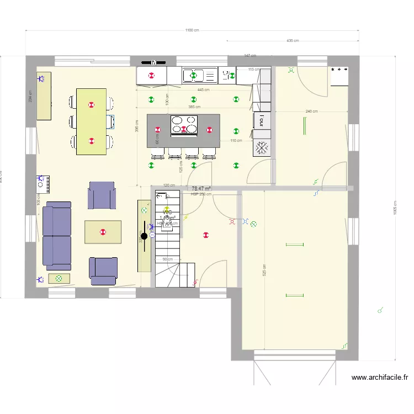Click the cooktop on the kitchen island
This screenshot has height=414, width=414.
(x=184, y=125)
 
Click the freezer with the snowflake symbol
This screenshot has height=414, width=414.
(x=262, y=147)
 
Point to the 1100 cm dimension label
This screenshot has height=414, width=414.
(x=192, y=30)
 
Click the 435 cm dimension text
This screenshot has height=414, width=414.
(x=293, y=40)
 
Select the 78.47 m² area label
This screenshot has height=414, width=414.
(x=201, y=189)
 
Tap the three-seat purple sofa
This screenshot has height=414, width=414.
(x=57, y=236)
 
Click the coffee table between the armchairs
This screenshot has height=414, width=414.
(x=103, y=232)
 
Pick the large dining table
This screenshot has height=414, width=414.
(x=92, y=121)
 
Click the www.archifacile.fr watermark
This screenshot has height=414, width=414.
(x=380, y=378)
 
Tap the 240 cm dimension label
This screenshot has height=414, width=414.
(x=311, y=112)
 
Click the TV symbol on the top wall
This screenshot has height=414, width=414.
(x=155, y=62)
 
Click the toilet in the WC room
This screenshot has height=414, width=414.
(x=167, y=225)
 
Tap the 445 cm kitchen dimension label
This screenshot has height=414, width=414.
(x=204, y=90)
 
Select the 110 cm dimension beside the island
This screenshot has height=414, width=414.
(x=236, y=141)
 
